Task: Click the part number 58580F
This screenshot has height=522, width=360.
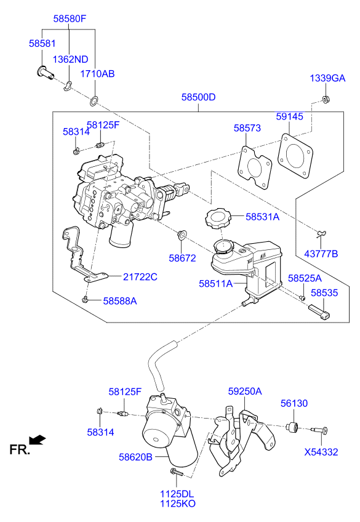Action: (70, 19)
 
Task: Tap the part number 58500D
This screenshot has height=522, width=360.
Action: (198, 97)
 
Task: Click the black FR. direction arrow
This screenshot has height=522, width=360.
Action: (38, 439)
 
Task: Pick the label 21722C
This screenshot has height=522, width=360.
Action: (140, 277)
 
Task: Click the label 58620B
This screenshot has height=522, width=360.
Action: (136, 457)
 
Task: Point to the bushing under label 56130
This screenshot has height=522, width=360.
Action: (294, 427)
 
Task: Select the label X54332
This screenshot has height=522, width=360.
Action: (321, 452)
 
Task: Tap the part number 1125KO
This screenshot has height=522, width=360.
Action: (178, 504)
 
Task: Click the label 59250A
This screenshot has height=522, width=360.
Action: (245, 391)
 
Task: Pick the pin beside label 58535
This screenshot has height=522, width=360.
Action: (320, 309)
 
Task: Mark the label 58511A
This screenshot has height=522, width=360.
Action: (215, 284)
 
